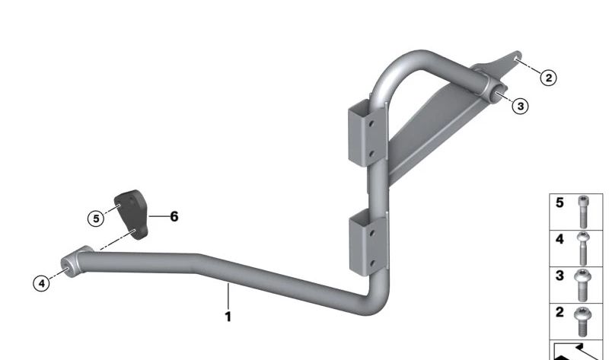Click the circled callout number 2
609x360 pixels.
pos(548,78)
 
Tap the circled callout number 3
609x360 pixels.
pos(521,106)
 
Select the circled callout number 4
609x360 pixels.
pos(42,283)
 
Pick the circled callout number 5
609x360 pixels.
pos(96,218)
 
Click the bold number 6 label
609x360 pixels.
pos(174,216)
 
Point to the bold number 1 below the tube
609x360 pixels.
pos(228,317)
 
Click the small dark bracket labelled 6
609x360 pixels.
pos(132,214)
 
